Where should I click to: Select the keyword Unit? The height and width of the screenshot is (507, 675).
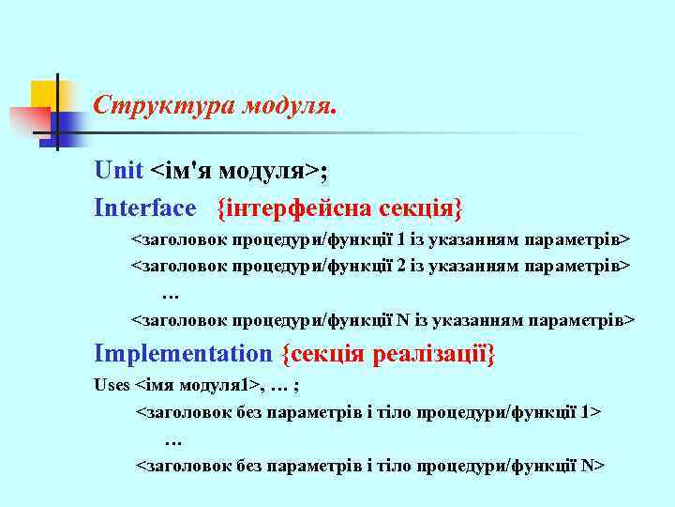(x=118, y=170)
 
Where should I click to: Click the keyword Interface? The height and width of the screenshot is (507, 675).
(x=145, y=207)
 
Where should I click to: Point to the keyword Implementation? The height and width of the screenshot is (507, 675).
(x=182, y=354)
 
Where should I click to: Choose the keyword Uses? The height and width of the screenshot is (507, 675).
(x=112, y=384)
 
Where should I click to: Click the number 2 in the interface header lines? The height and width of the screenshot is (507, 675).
(x=401, y=266)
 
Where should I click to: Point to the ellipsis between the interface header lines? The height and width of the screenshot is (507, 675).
(x=171, y=295)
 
